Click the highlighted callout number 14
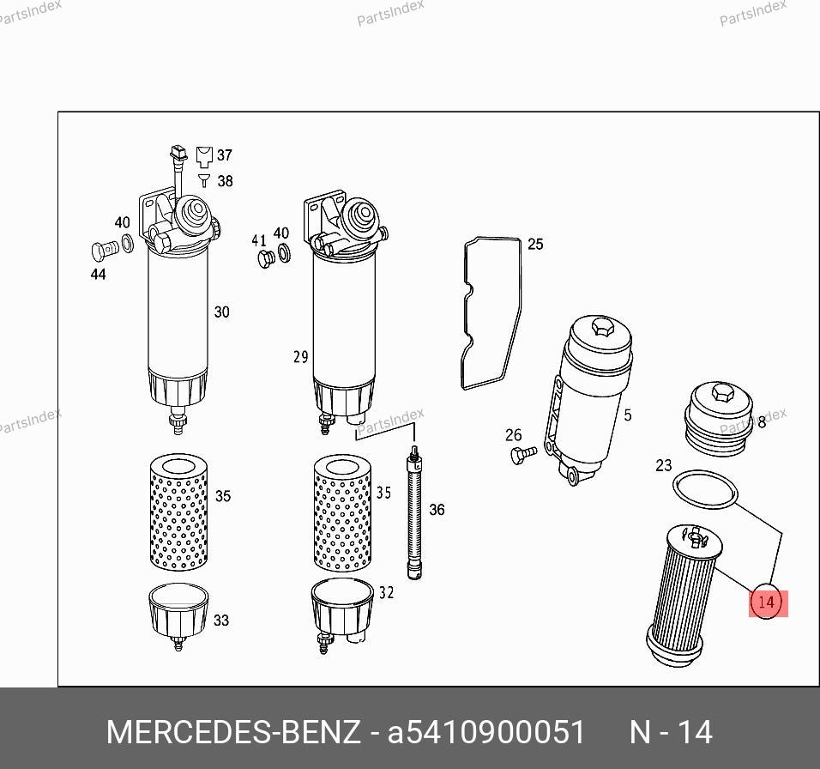tap(766, 602)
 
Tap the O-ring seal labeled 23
tap(704, 473)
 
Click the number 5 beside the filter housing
tap(628, 415)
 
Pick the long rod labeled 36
tap(414, 512)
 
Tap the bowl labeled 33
tap(178, 615)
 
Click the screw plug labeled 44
tap(105, 251)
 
